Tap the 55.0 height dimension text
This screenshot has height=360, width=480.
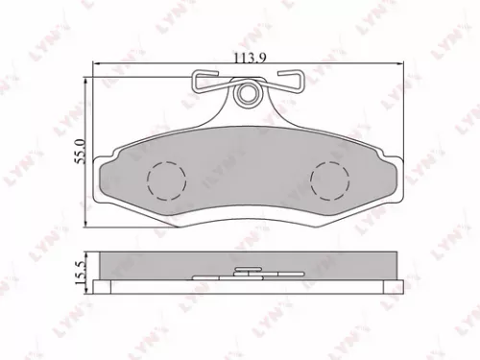[x=81, y=154]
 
